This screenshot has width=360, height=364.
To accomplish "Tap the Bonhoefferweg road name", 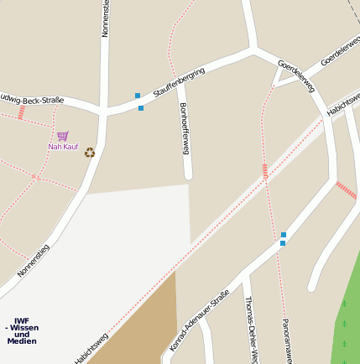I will tap(185, 128).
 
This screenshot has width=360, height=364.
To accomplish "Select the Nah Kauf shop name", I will tap(63, 147).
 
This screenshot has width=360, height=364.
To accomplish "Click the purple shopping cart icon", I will tap(63, 135).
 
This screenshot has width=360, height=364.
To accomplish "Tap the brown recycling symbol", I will tap(90, 152).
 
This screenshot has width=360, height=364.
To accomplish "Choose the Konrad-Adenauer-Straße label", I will tap(200, 320).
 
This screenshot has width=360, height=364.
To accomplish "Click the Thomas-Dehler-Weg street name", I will tap(250, 330).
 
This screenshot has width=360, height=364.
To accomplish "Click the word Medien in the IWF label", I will tap(22, 341).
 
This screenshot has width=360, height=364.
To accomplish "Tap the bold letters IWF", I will tap(22, 320).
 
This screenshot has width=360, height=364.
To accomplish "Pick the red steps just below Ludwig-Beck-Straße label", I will tap(21, 112).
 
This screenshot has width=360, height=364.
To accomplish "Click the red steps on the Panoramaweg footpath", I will tap(265, 171).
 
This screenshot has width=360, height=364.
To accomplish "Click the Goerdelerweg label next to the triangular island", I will tap(296, 75).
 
